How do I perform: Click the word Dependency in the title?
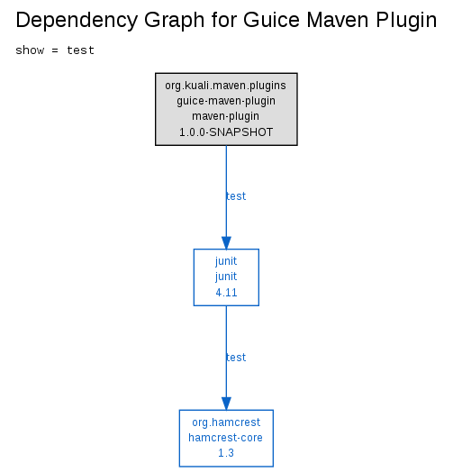(x=77, y=21)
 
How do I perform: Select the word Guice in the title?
(x=271, y=20)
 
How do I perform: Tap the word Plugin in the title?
(x=406, y=21)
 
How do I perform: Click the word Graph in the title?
(x=175, y=21)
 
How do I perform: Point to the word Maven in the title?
(x=338, y=20)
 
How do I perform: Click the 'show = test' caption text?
(x=55, y=50)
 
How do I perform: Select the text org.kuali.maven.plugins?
(x=225, y=86)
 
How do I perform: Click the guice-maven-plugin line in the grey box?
(x=226, y=101)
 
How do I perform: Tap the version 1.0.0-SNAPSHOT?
(x=226, y=132)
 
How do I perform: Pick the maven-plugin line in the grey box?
(x=225, y=116)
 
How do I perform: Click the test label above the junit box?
(x=236, y=196)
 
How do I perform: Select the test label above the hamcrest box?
(x=236, y=358)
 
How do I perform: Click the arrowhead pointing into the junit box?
(x=226, y=243)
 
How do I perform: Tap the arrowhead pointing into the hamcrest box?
(x=226, y=404)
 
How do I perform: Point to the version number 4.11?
(x=226, y=293)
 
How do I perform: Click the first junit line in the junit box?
(x=226, y=261)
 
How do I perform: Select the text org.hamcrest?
(x=226, y=422)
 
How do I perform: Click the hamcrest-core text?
(x=225, y=438)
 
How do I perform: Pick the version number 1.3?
(x=226, y=453)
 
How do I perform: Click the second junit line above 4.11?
(x=226, y=277)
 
